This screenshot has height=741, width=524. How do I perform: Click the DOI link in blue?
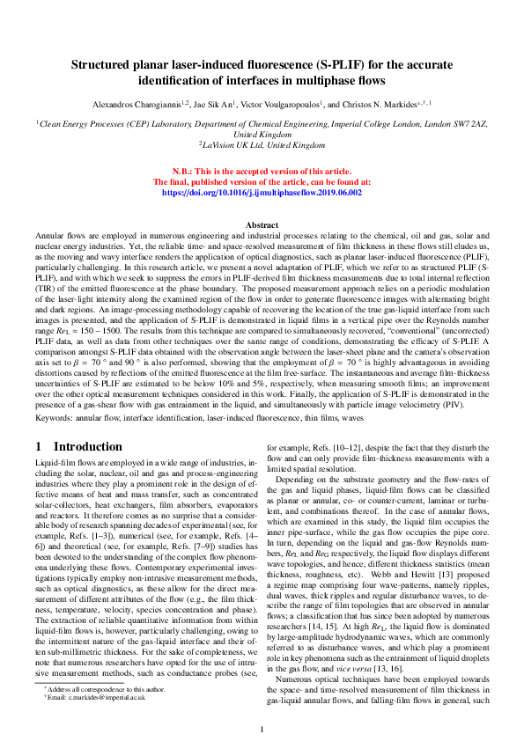point(262,191)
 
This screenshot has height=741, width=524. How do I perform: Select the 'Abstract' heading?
point(262,226)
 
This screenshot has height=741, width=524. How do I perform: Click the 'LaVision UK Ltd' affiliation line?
point(262,145)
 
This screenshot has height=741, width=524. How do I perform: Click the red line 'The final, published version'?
point(262,180)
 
